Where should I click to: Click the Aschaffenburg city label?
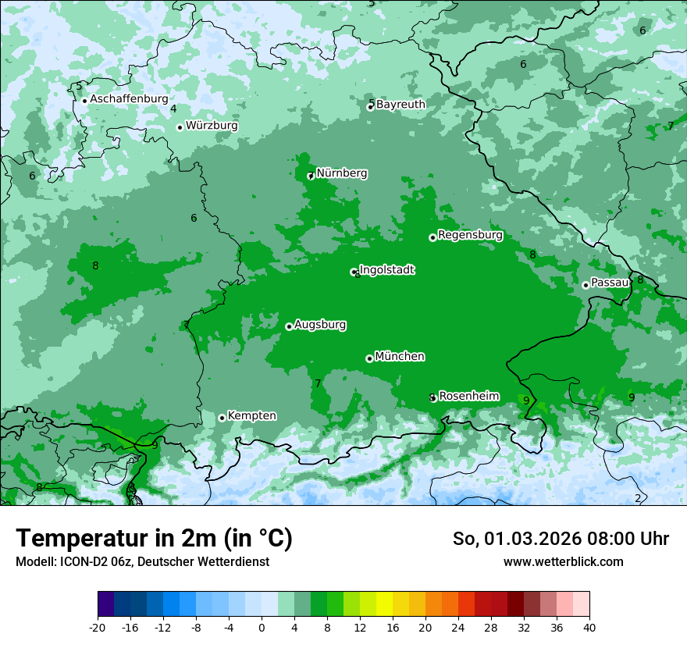click(x=129, y=99)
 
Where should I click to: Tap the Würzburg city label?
click(x=212, y=126)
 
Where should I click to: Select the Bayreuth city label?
click(x=400, y=105)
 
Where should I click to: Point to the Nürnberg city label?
click(x=341, y=173)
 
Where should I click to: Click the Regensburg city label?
click(x=470, y=235)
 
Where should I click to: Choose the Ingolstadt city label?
click(x=386, y=270)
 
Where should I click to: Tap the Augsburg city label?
click(x=320, y=325)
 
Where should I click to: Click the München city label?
click(x=400, y=357)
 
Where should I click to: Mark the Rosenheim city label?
click(x=468, y=397)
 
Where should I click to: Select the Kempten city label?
click(x=251, y=416)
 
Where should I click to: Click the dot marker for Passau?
click(x=586, y=285)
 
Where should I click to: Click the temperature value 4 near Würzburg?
click(x=173, y=109)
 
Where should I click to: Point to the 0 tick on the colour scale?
click(x=262, y=627)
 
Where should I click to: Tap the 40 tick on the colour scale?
click(x=589, y=627)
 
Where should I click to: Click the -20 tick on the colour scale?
click(x=98, y=627)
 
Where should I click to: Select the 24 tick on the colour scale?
click(x=457, y=627)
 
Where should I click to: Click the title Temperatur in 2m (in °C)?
click(x=154, y=539)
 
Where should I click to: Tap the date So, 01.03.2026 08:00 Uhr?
click(x=561, y=539)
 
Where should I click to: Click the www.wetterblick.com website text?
click(x=563, y=561)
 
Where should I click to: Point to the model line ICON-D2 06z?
click(x=142, y=561)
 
